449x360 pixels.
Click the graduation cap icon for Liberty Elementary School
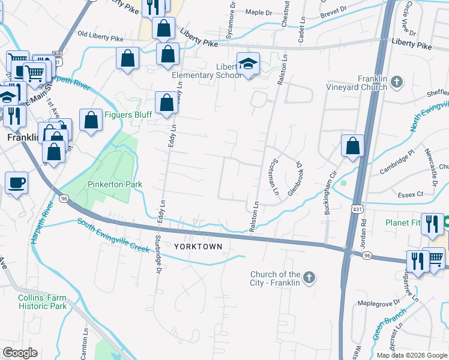(x=247, y=63)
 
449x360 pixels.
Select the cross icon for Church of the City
(x=309, y=277)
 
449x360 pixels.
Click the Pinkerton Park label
(x=115, y=184)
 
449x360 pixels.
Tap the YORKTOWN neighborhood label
(x=198, y=247)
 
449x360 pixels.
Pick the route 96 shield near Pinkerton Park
(x=64, y=198)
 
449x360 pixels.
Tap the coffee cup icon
(x=16, y=182)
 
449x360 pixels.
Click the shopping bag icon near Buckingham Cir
(x=352, y=146)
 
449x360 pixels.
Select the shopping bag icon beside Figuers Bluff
(x=91, y=120)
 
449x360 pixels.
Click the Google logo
(x=20, y=353)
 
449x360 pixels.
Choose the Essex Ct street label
(x=411, y=194)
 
